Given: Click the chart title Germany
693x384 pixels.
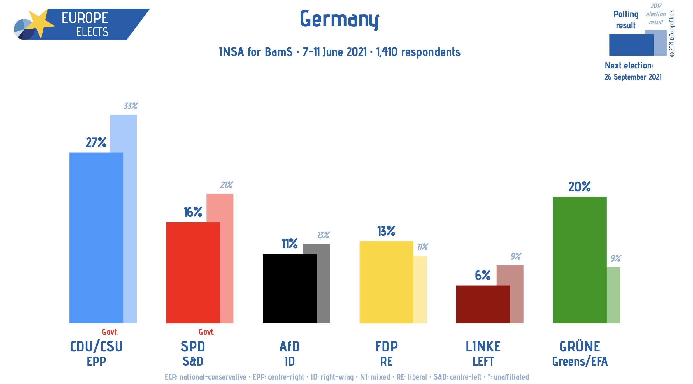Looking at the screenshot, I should pos(339,19).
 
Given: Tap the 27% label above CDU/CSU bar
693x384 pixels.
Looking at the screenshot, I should pos(96,142).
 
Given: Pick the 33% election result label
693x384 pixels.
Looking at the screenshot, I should pos(131,106).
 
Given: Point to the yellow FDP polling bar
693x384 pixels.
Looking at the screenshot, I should pos(386,282).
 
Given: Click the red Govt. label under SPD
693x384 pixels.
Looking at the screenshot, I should pos(206,332).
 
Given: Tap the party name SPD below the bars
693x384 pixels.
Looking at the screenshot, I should pos(193,347).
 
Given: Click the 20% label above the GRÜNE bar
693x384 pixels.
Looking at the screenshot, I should pos(579,187).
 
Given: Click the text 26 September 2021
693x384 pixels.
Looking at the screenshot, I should pos(633,77).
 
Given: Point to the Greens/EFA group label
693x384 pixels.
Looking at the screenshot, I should pos(580,361).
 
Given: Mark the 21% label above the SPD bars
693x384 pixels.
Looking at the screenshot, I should pos(226,185).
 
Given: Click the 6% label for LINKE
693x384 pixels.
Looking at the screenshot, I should pos(483,275).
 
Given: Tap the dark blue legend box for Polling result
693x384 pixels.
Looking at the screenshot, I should pos(631,45).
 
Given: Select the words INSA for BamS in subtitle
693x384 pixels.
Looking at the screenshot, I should pos(255,52).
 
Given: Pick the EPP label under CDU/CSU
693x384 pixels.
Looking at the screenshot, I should pos(96,361).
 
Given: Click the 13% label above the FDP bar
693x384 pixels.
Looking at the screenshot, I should pos(386,231).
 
